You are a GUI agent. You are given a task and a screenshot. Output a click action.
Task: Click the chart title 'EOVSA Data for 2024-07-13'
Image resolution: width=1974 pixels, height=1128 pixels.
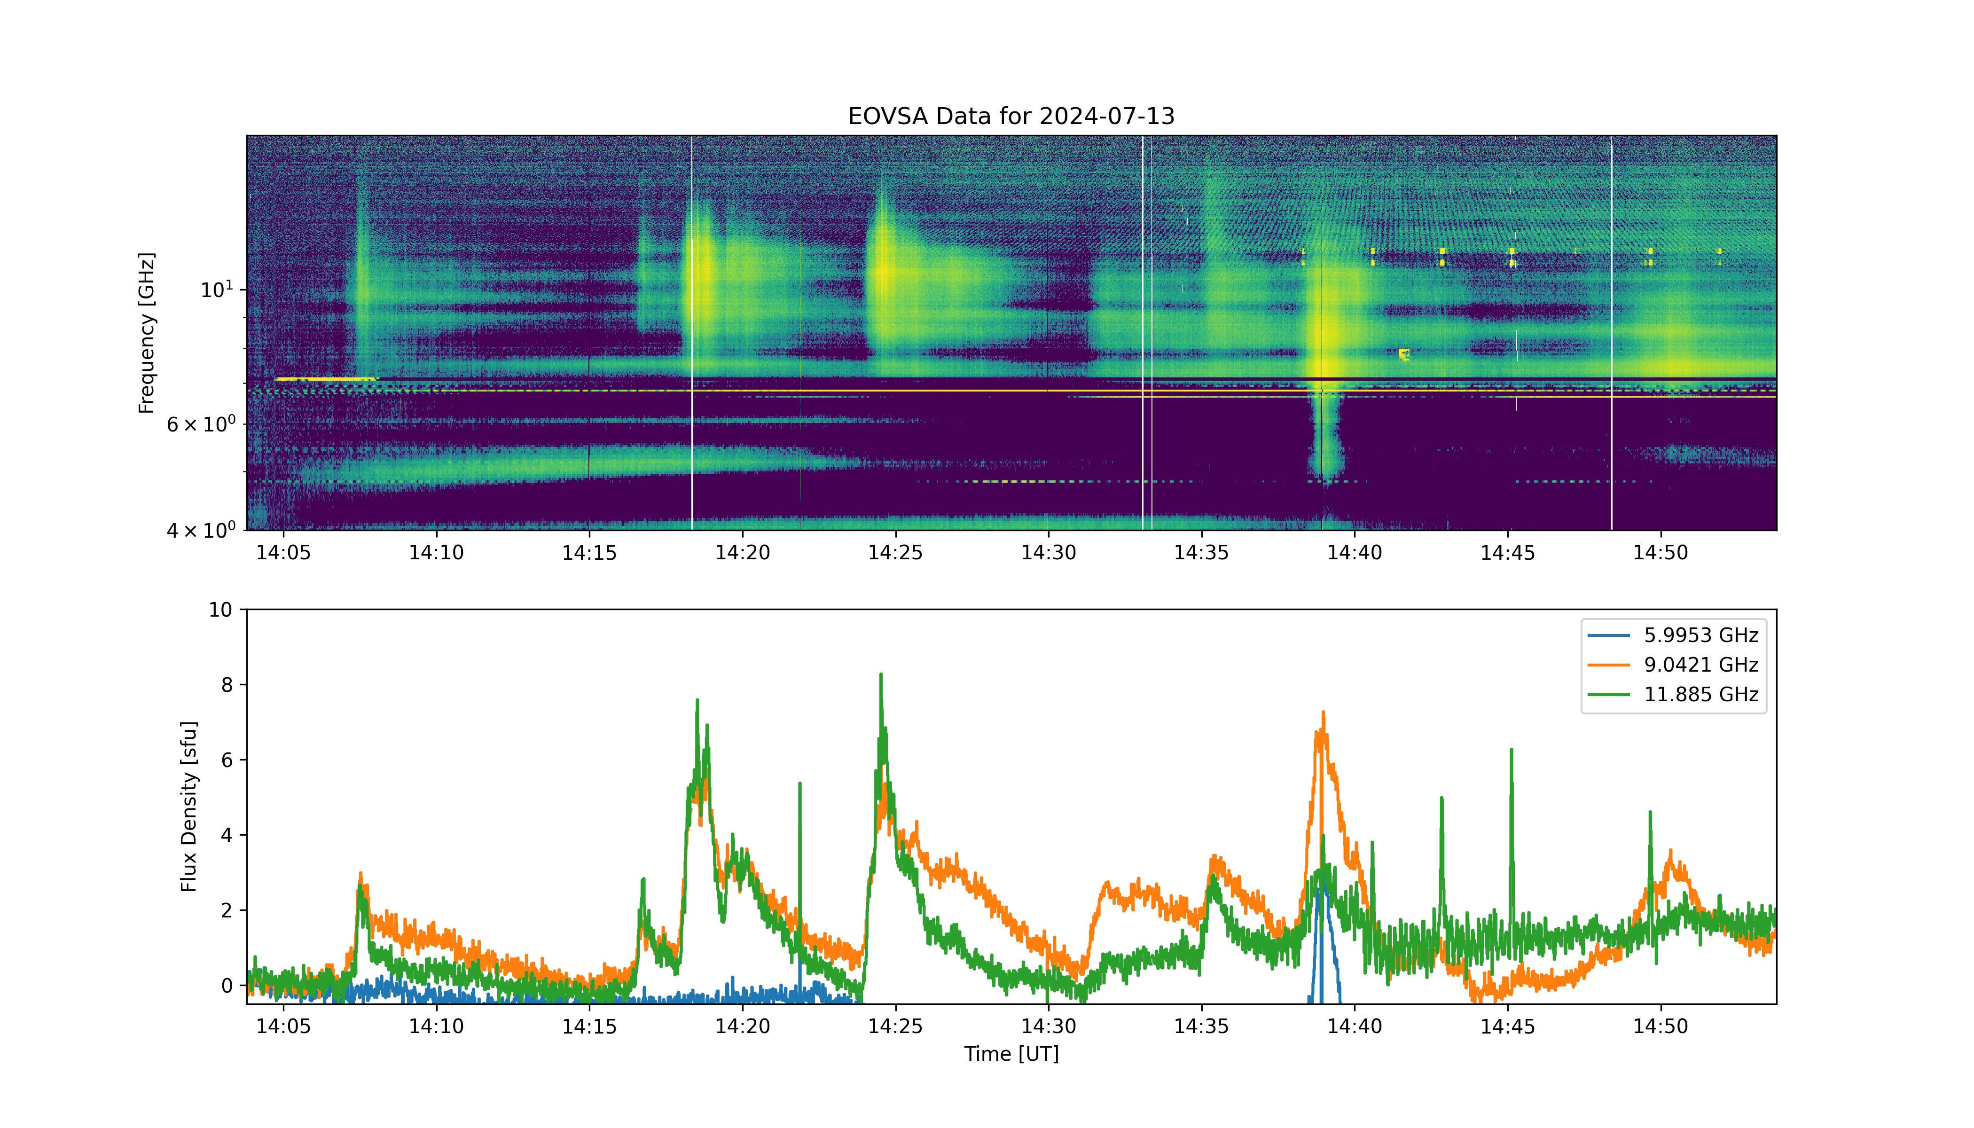tap(1011, 116)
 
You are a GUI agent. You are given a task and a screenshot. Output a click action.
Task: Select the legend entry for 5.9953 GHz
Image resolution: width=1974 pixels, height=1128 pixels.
tap(1673, 635)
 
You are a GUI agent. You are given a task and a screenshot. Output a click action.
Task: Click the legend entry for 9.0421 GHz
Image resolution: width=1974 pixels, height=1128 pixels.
tap(1673, 665)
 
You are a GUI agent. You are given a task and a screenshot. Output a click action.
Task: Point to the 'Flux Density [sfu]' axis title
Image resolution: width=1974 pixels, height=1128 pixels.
tap(189, 807)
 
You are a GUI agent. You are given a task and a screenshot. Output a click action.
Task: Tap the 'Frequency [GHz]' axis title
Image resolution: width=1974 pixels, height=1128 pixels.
tap(147, 333)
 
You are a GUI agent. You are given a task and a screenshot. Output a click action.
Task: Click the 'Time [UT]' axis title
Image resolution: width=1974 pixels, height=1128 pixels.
tap(1011, 1054)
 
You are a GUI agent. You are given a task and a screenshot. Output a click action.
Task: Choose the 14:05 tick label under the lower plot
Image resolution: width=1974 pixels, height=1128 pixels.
tap(283, 1026)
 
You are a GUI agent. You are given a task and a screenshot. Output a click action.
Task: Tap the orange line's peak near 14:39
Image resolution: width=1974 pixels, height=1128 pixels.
tap(1323, 713)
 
